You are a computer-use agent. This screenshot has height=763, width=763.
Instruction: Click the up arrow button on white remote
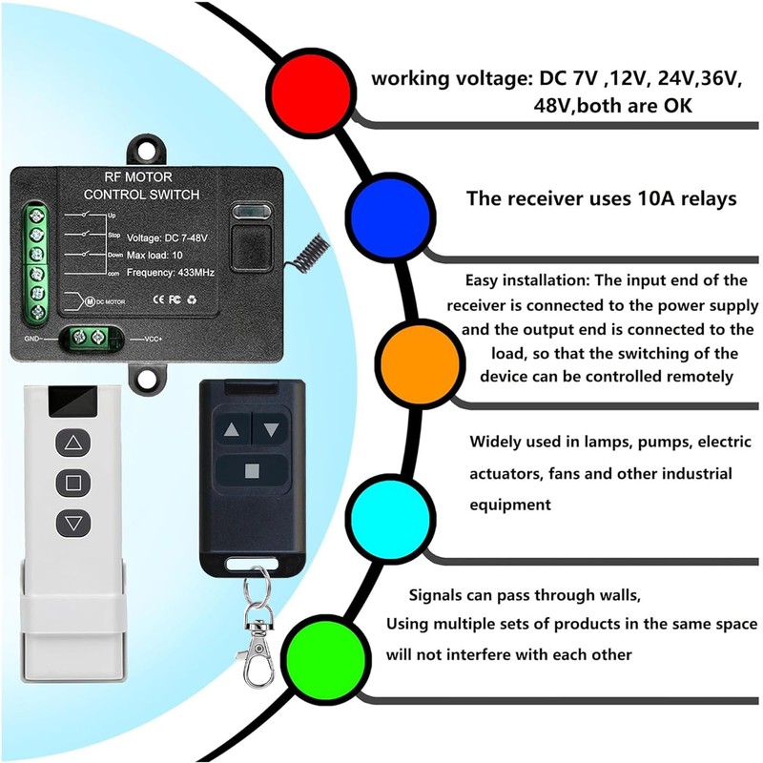tap(72, 443)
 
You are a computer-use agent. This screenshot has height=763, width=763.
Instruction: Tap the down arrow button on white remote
tap(72, 522)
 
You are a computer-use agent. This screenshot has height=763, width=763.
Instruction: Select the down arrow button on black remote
tap(272, 429)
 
